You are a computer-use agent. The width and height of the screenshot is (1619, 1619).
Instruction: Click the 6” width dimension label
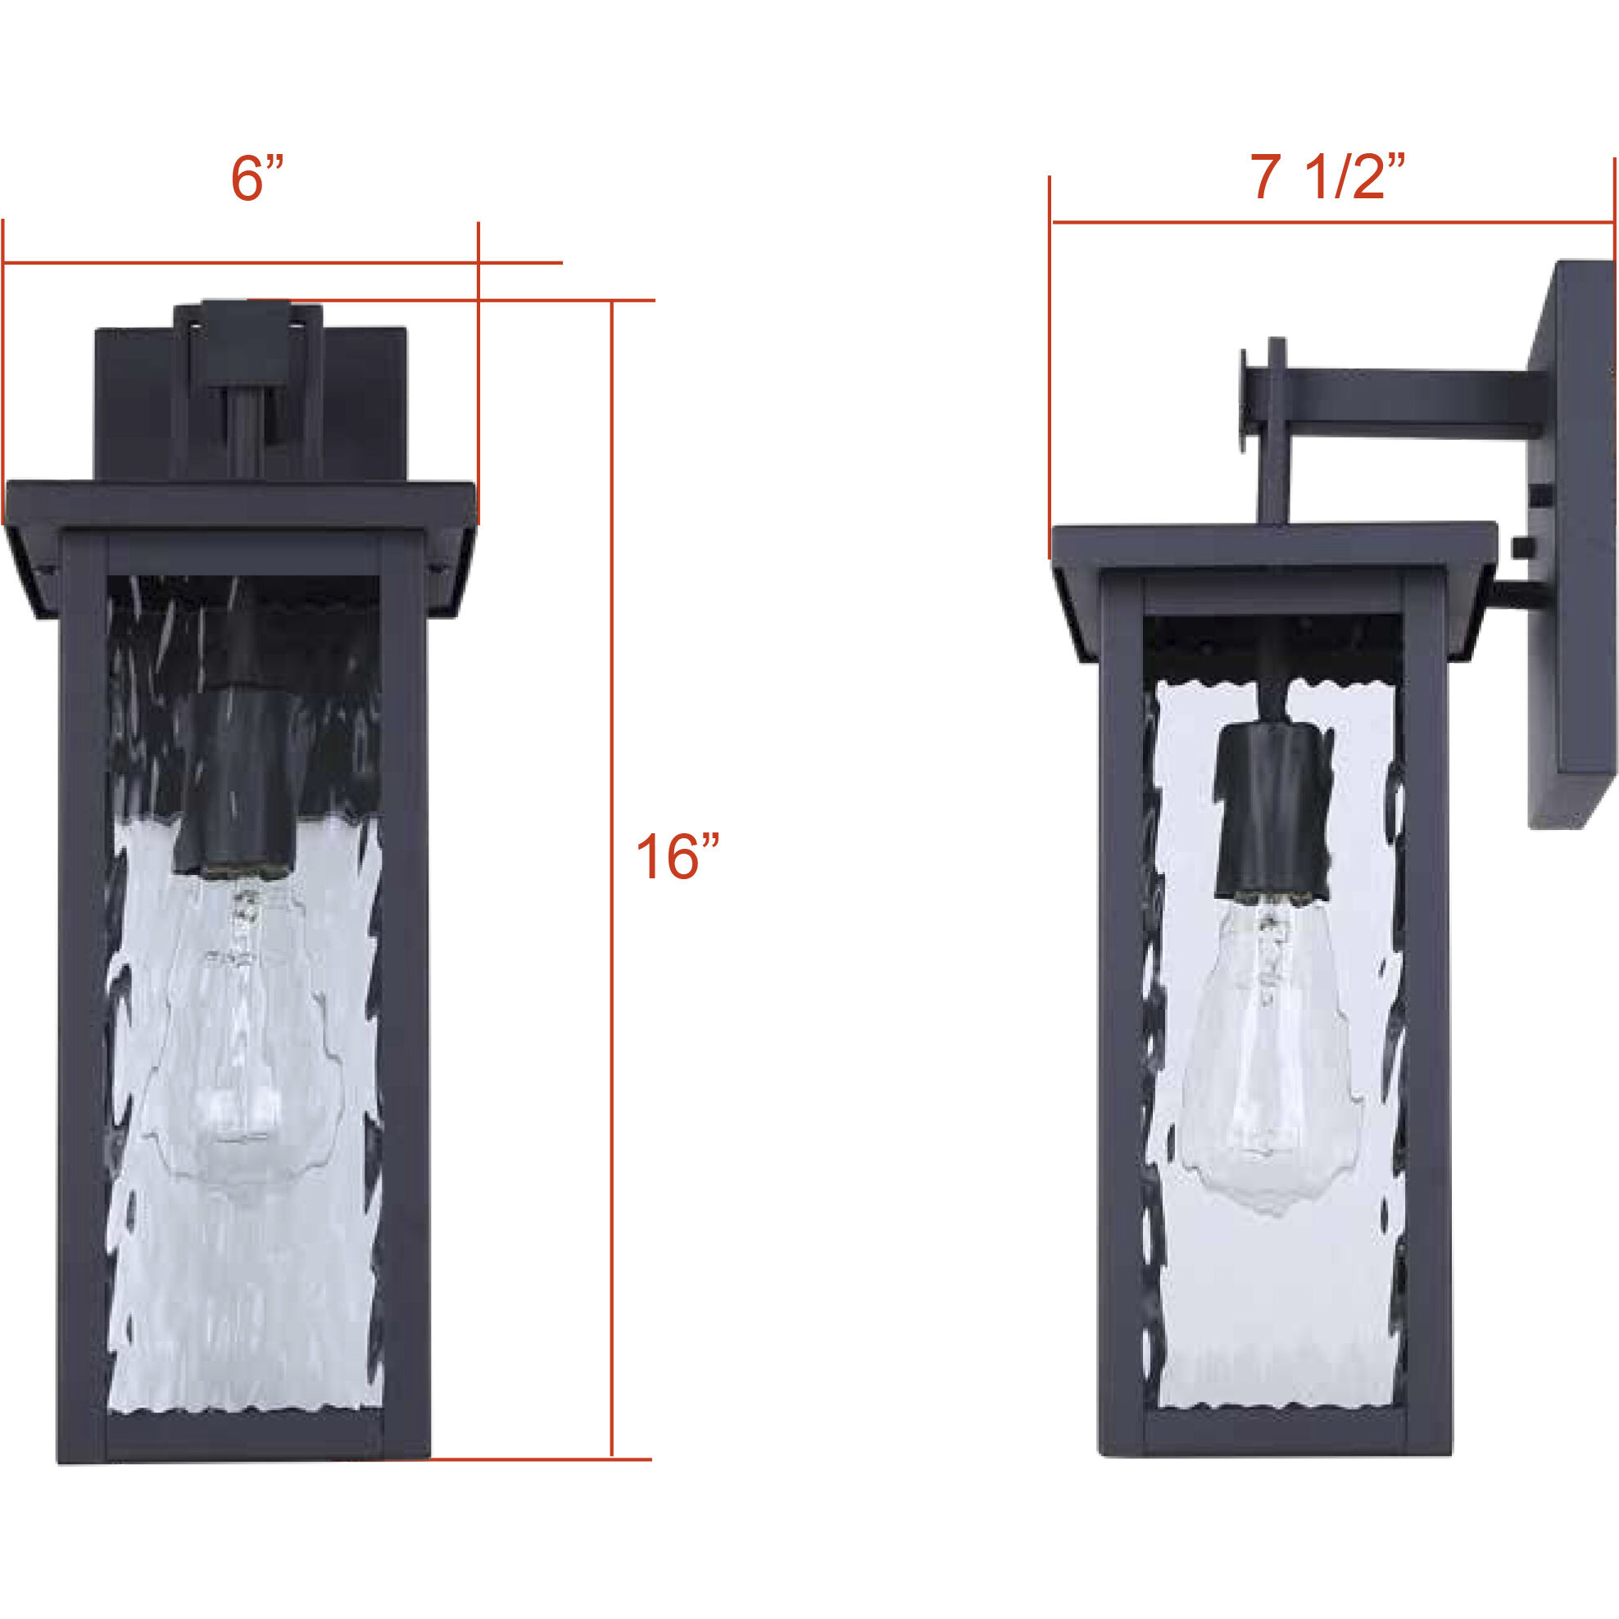[257, 179]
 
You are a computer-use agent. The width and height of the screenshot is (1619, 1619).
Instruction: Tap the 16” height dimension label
[677, 856]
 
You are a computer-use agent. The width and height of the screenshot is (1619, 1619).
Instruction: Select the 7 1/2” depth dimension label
[1326, 177]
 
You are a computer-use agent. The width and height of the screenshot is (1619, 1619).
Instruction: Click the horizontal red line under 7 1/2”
[1332, 223]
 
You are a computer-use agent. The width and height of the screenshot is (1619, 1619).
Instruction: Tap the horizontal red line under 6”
[252, 263]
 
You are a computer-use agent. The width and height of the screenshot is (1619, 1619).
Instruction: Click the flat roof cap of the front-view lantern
[241, 503]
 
